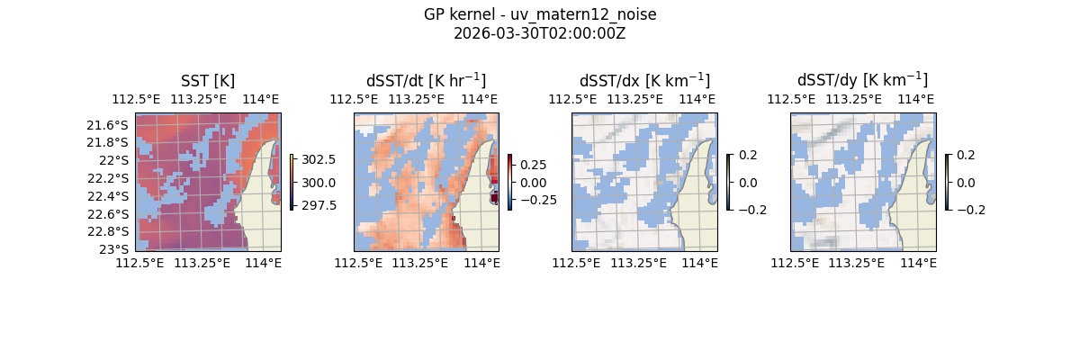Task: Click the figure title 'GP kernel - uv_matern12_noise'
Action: point(540,15)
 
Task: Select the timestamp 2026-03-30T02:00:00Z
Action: point(540,33)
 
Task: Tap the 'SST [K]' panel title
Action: point(208,81)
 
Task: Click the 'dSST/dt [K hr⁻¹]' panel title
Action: point(426,81)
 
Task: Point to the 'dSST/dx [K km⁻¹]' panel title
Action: point(644,81)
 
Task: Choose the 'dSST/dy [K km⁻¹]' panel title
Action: point(862,81)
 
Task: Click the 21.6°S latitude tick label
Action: point(113,125)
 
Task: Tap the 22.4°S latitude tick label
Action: point(113,196)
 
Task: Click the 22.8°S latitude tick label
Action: point(113,231)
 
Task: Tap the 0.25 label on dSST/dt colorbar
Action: point(533,166)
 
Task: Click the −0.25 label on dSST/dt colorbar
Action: point(536,200)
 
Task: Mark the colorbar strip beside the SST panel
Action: point(292,182)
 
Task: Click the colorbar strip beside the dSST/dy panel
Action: point(947,182)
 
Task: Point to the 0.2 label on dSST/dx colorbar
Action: point(748,155)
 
